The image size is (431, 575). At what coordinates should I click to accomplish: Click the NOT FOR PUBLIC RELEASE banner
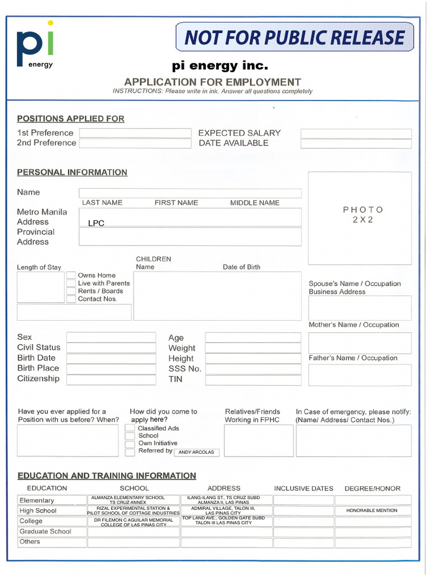click(295, 37)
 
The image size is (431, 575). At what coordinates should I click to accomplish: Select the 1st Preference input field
click(135, 133)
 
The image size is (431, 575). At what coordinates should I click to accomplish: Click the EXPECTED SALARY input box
click(356, 134)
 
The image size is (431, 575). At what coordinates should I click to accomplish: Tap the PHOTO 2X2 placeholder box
click(360, 218)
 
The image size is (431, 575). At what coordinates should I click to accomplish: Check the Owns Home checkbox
click(71, 276)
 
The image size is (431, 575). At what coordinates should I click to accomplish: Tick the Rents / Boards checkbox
click(71, 291)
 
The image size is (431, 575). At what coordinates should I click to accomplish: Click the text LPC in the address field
click(97, 223)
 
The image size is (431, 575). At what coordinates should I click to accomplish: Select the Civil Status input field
click(111, 348)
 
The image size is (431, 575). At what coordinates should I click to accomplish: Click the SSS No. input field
click(253, 369)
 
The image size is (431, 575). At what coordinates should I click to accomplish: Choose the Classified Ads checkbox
click(130, 428)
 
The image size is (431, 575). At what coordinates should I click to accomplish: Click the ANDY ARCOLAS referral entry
click(196, 452)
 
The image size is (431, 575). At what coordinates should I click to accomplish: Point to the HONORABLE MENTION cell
click(372, 510)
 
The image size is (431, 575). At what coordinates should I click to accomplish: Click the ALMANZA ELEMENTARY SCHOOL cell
click(134, 500)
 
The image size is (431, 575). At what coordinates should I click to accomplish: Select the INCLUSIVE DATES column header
click(304, 489)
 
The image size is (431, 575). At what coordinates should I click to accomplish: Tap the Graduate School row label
click(45, 531)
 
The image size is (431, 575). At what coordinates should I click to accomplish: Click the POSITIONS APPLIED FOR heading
click(71, 119)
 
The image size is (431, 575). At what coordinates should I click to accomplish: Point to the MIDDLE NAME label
click(255, 203)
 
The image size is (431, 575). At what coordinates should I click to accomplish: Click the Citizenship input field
click(111, 379)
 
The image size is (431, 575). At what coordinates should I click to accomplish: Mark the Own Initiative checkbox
click(130, 444)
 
